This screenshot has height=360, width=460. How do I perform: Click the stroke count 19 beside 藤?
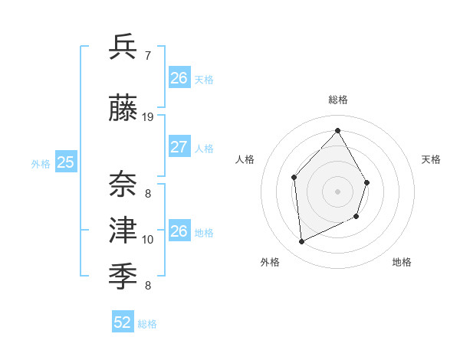[x=148, y=117]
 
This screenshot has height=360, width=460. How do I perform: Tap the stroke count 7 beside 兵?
[x=147, y=56]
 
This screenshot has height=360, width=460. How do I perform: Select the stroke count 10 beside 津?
[x=148, y=240]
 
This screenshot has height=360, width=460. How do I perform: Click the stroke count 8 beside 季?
[x=147, y=286]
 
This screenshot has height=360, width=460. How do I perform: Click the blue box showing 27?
[x=179, y=147]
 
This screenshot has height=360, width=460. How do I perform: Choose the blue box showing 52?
[x=123, y=322]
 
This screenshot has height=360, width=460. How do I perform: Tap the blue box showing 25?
[x=66, y=162]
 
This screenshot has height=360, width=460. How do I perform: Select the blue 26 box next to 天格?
[x=179, y=78]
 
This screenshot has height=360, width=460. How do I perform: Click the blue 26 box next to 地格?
[x=179, y=231]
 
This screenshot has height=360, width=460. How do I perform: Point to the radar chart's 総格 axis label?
[x=338, y=100]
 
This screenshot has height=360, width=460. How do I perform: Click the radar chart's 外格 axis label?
[x=270, y=262]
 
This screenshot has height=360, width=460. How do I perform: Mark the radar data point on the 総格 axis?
[x=337, y=131]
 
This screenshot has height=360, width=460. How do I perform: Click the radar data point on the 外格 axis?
[x=302, y=242]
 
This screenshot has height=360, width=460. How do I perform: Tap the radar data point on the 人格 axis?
[x=294, y=178]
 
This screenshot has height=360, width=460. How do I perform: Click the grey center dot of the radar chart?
[x=337, y=191]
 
